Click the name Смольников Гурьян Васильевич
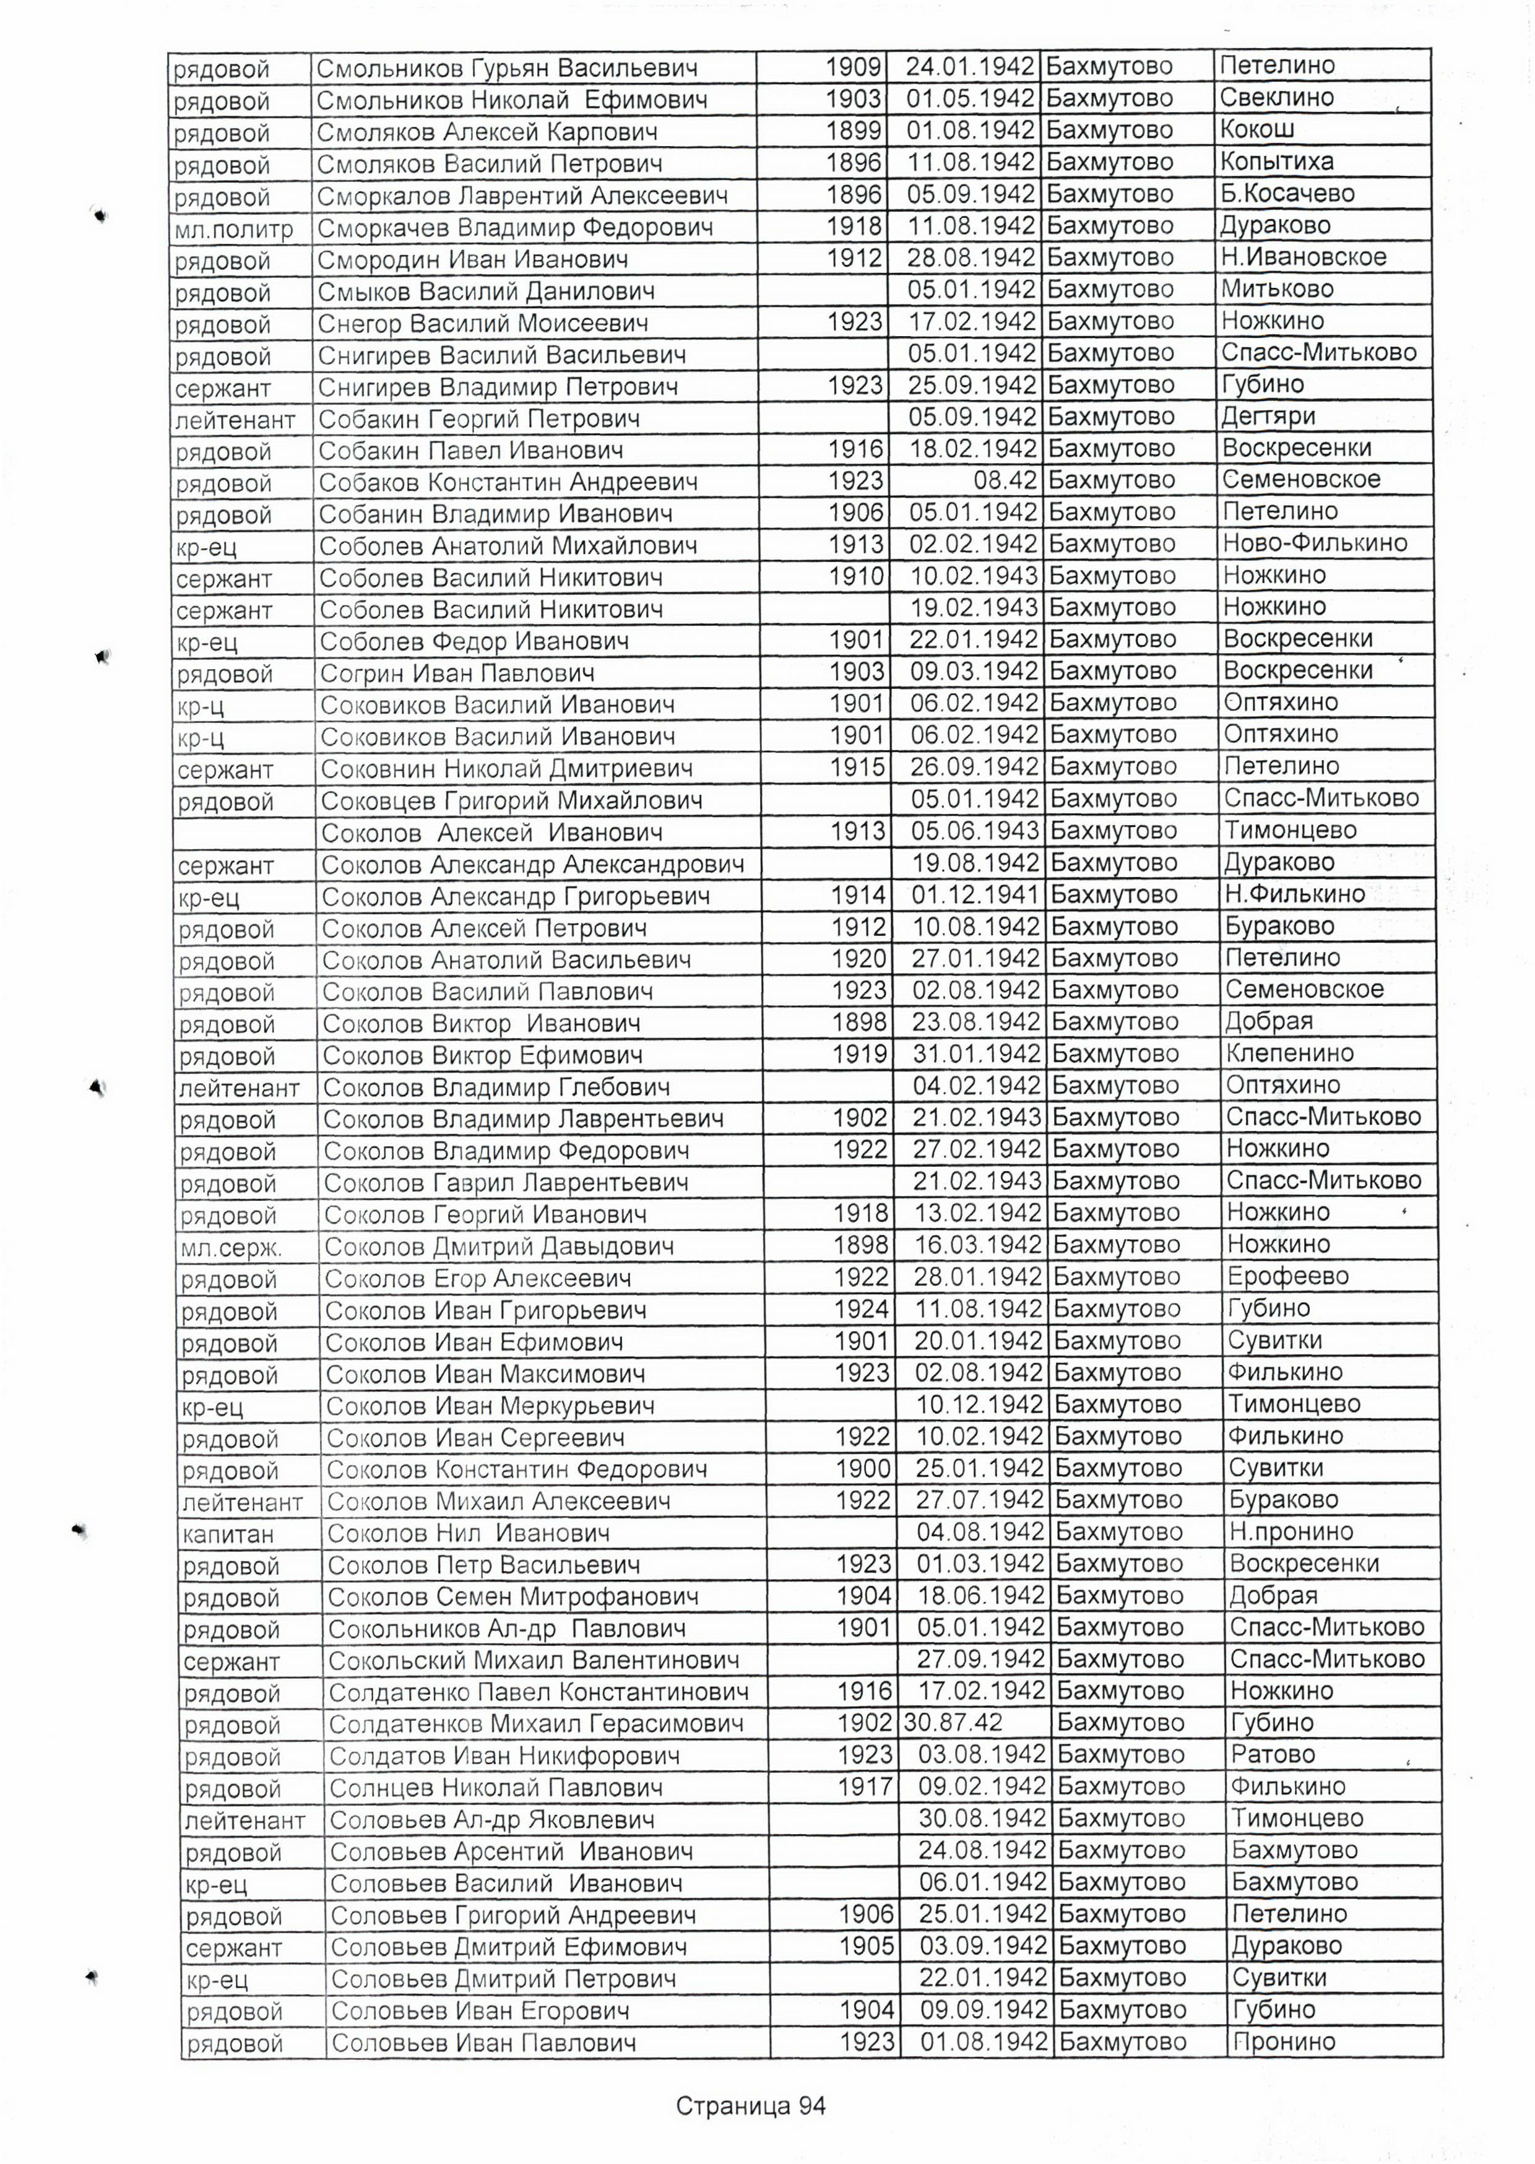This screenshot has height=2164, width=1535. [x=507, y=69]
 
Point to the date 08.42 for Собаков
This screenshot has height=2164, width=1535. [x=1006, y=480]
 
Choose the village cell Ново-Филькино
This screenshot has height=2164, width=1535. [x=1315, y=543]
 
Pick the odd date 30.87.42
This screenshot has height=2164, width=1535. [x=953, y=1723]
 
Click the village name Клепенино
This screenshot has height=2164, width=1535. [x=1289, y=1053]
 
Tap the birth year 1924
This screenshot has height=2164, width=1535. [x=861, y=1309]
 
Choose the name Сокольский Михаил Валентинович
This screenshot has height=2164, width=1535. [x=533, y=1660]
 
